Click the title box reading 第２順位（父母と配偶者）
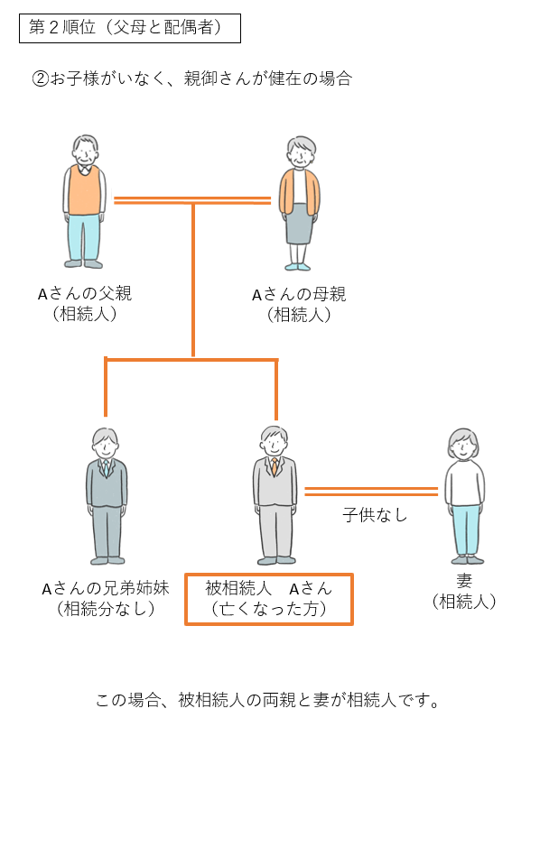pyautogui.click(x=130, y=28)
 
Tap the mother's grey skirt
pyautogui.click(x=300, y=224)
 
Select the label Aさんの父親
pyautogui.click(x=85, y=294)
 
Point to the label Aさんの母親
pyautogui.click(x=299, y=295)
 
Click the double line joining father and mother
pyautogui.click(x=191, y=200)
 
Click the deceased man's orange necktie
pyautogui.click(x=275, y=466)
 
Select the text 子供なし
pyautogui.click(x=375, y=515)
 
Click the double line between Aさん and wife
pyautogui.click(x=371, y=492)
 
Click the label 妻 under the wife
pyautogui.click(x=464, y=581)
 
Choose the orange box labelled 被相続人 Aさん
pyautogui.click(x=269, y=599)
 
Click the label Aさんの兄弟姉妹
pyautogui.click(x=106, y=588)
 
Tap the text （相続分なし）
pyautogui.click(x=106, y=609)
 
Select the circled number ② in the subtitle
pyautogui.click(x=41, y=79)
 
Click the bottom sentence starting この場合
pyautogui.click(x=268, y=700)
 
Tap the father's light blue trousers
pyautogui.click(x=84, y=238)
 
